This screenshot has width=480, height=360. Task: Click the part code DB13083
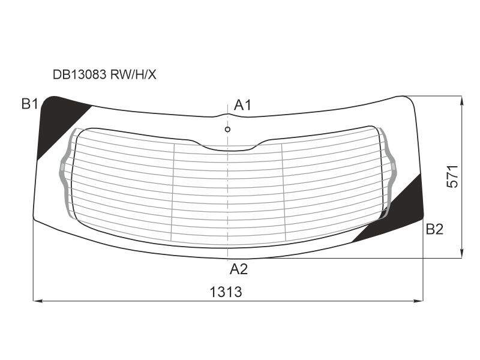(x=80, y=74)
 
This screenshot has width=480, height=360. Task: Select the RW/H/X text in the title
(x=133, y=74)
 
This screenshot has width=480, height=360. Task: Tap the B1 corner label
(x=29, y=104)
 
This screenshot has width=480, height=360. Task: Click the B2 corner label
(x=434, y=229)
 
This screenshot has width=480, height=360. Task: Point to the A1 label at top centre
(x=242, y=105)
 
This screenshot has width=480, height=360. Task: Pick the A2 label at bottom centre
(x=238, y=269)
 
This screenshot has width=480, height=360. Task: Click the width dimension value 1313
(x=226, y=292)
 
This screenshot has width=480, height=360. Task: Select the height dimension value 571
(x=452, y=176)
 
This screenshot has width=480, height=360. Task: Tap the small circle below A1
(x=227, y=130)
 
